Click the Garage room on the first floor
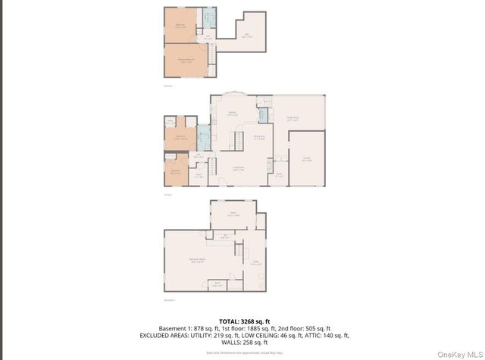coord(306,158)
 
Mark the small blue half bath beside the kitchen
coord(262,115)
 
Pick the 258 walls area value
coord(246,342)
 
